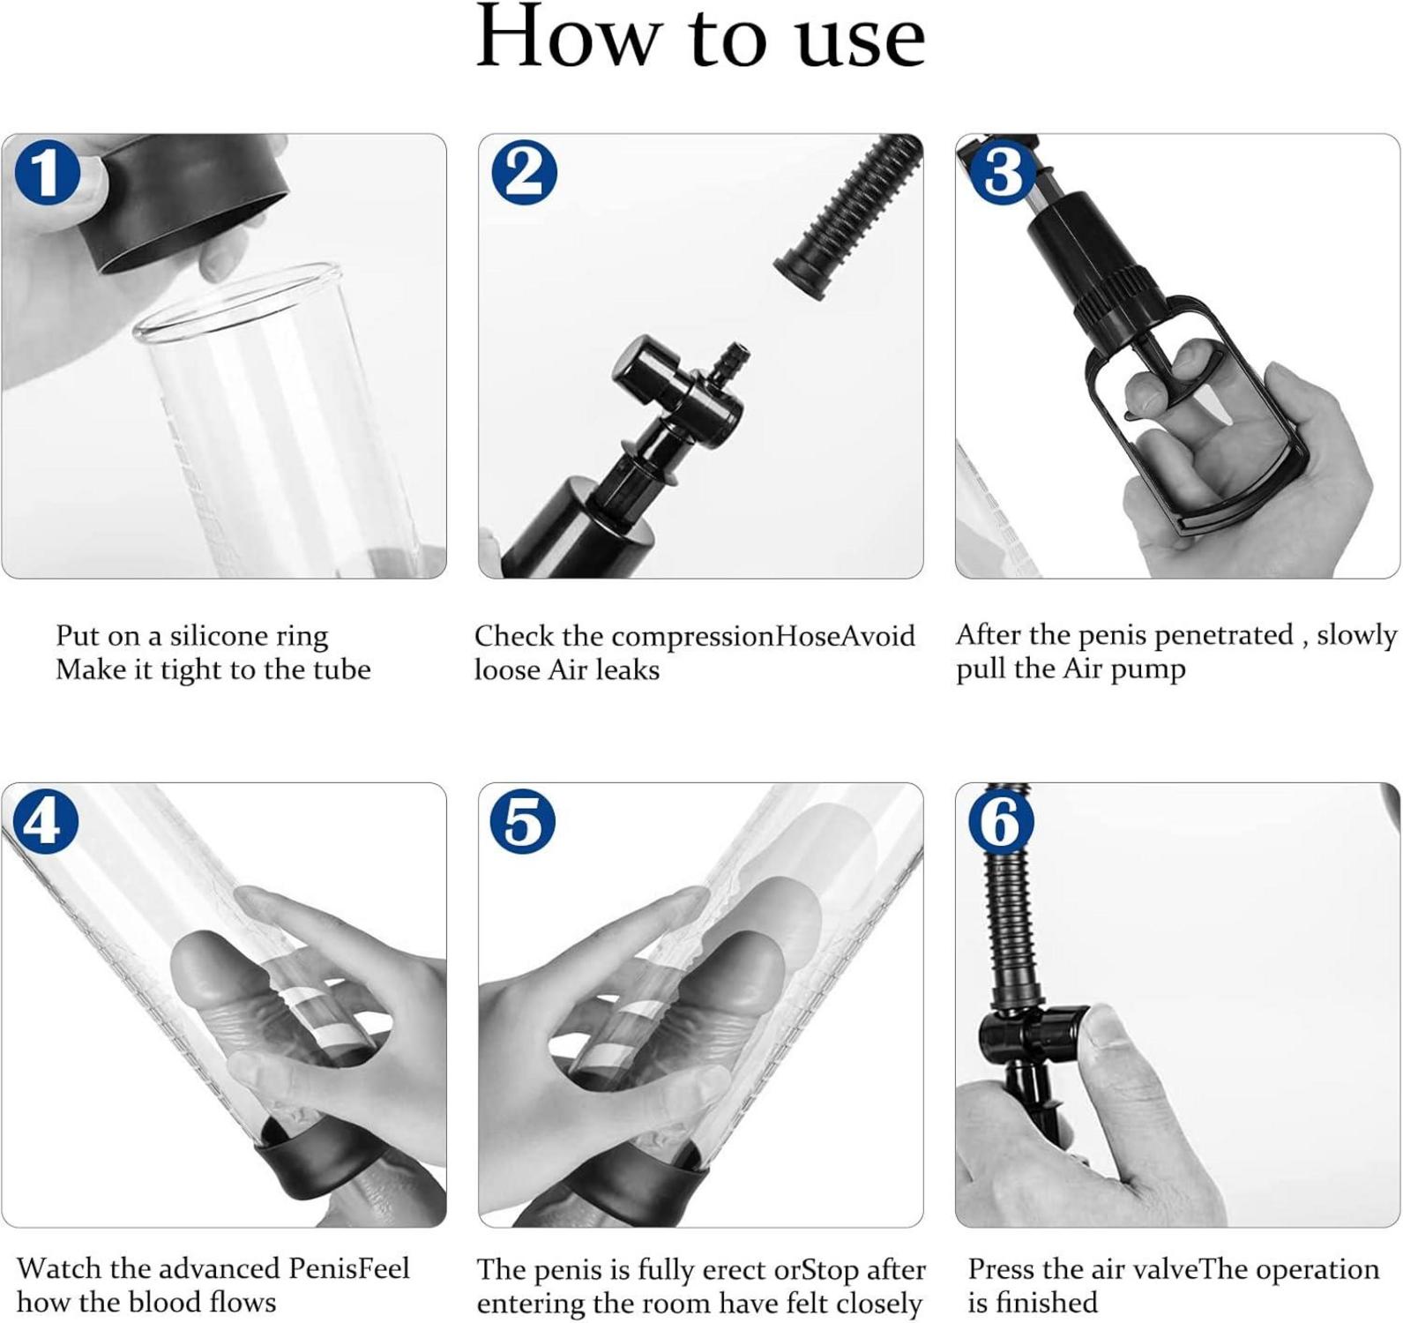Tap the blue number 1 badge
48,173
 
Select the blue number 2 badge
525,173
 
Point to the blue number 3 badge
1003,171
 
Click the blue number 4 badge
46,822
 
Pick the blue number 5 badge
523,822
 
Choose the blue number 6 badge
1001,822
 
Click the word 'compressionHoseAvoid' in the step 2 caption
763,637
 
